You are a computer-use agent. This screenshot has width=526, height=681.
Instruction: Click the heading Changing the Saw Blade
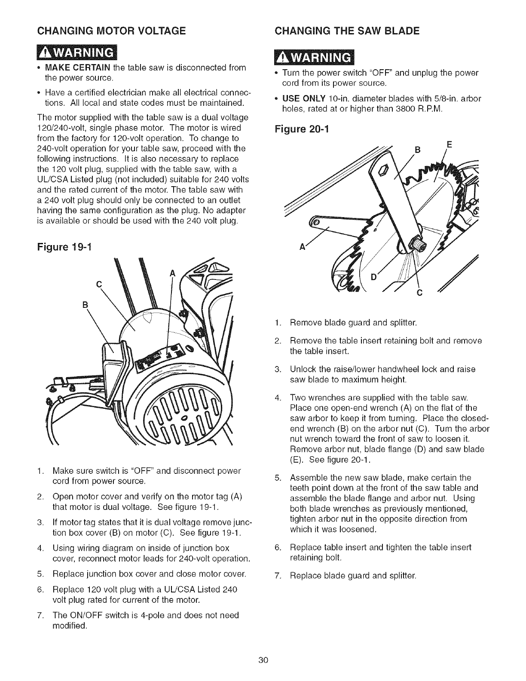347,31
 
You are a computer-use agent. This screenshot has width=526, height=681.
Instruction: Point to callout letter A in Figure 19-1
173,273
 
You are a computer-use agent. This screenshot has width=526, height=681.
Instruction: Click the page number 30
263,660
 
